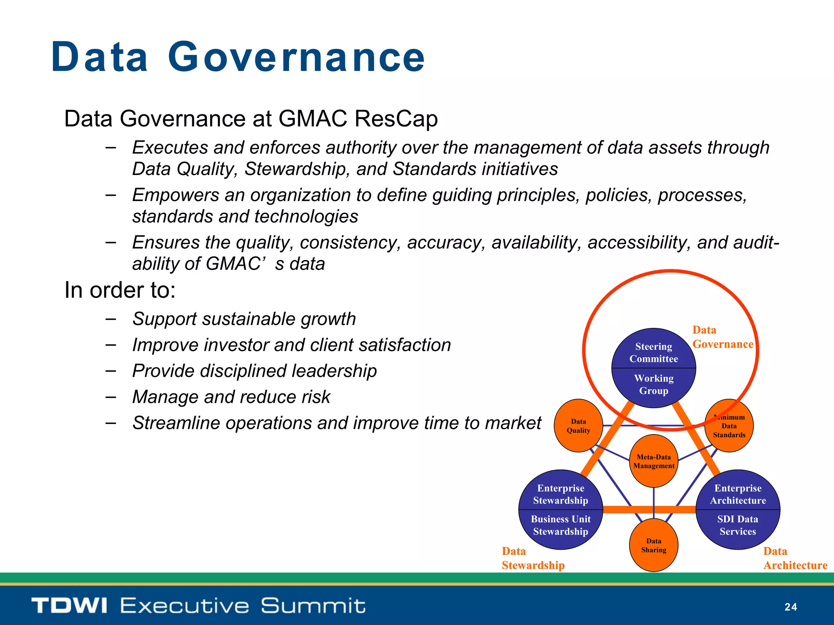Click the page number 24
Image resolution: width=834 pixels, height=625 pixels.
pos(790,607)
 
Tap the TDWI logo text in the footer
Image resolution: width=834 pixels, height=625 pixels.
pos(69,605)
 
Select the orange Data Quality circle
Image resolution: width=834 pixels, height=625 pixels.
pos(578,426)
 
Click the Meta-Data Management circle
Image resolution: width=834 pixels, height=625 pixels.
pos(654,461)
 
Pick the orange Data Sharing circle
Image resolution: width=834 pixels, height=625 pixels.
pos(654,545)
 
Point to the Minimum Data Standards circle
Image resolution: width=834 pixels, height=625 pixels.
pos(729,426)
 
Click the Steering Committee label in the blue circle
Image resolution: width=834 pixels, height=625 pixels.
pos(654,352)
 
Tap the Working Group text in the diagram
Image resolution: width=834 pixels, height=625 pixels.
pos(654,385)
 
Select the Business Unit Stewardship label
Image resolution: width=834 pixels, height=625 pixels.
pos(560,525)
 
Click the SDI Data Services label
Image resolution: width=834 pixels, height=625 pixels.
pos(737,525)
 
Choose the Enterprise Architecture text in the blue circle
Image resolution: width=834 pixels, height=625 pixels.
pos(738,494)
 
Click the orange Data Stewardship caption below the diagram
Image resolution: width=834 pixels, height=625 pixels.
pos(533,558)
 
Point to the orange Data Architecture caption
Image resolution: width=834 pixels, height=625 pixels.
pos(794,558)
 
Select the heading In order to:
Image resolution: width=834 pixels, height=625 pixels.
pos(120,291)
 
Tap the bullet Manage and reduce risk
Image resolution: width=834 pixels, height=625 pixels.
pos(231,397)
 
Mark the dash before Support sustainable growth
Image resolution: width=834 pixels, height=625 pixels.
pos(110,319)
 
